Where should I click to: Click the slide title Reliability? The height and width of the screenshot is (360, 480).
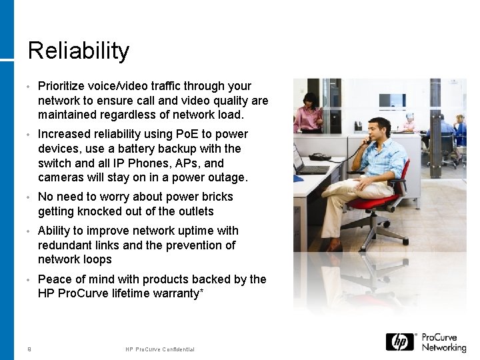click(x=79, y=51)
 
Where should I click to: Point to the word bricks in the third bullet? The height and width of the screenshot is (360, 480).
click(x=215, y=197)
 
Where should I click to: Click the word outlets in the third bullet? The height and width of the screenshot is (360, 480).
click(x=195, y=211)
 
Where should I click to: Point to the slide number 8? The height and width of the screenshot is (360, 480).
click(x=29, y=349)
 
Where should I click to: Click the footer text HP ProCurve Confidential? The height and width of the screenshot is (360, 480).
click(x=160, y=349)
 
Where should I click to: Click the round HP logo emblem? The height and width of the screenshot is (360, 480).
click(x=400, y=342)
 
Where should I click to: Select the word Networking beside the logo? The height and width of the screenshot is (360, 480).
click(x=443, y=347)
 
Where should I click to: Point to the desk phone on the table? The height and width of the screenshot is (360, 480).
click(x=320, y=157)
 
